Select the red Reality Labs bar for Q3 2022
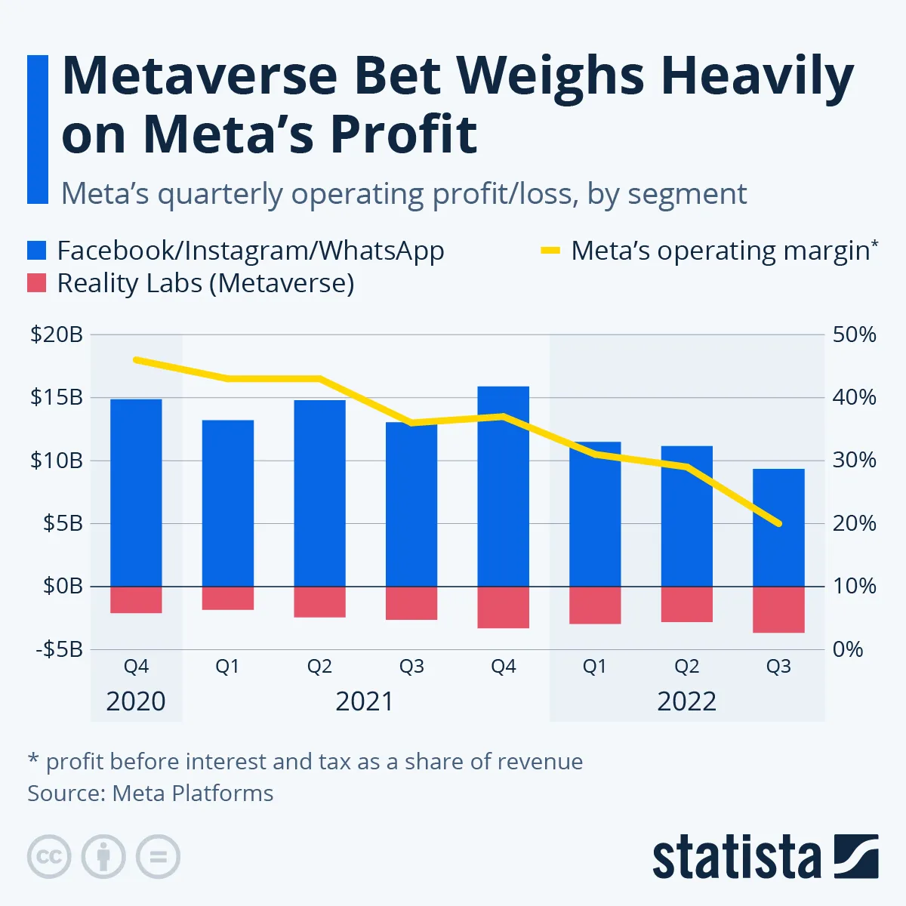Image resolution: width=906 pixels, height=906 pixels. coord(778,609)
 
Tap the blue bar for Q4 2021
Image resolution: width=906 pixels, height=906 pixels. coord(504,486)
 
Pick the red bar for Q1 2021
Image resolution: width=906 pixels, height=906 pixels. coord(228,598)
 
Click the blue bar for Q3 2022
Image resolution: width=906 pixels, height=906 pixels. coord(778,528)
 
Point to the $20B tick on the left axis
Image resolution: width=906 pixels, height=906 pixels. coord(57,334)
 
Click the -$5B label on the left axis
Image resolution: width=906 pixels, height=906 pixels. coord(59,649)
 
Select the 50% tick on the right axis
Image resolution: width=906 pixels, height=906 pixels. coord(854,334)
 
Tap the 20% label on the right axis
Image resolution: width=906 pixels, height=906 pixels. coord(854,523)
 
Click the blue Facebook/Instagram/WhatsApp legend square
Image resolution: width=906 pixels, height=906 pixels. coord(37,251)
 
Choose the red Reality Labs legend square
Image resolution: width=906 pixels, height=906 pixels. coord(37,283)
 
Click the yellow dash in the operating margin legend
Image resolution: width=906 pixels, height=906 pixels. coord(550,251)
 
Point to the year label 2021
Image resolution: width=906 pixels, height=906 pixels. coord(365,701)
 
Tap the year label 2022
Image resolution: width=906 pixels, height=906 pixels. coord(686,701)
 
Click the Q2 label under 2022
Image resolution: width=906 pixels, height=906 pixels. coord(686,667)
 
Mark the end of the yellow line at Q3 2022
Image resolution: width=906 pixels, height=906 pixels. coord(778,523)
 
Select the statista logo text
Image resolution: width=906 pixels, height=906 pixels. coord(736,858)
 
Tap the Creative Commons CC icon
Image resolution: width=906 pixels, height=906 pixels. coord(49,857)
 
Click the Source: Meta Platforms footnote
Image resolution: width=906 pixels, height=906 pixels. coord(150,794)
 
